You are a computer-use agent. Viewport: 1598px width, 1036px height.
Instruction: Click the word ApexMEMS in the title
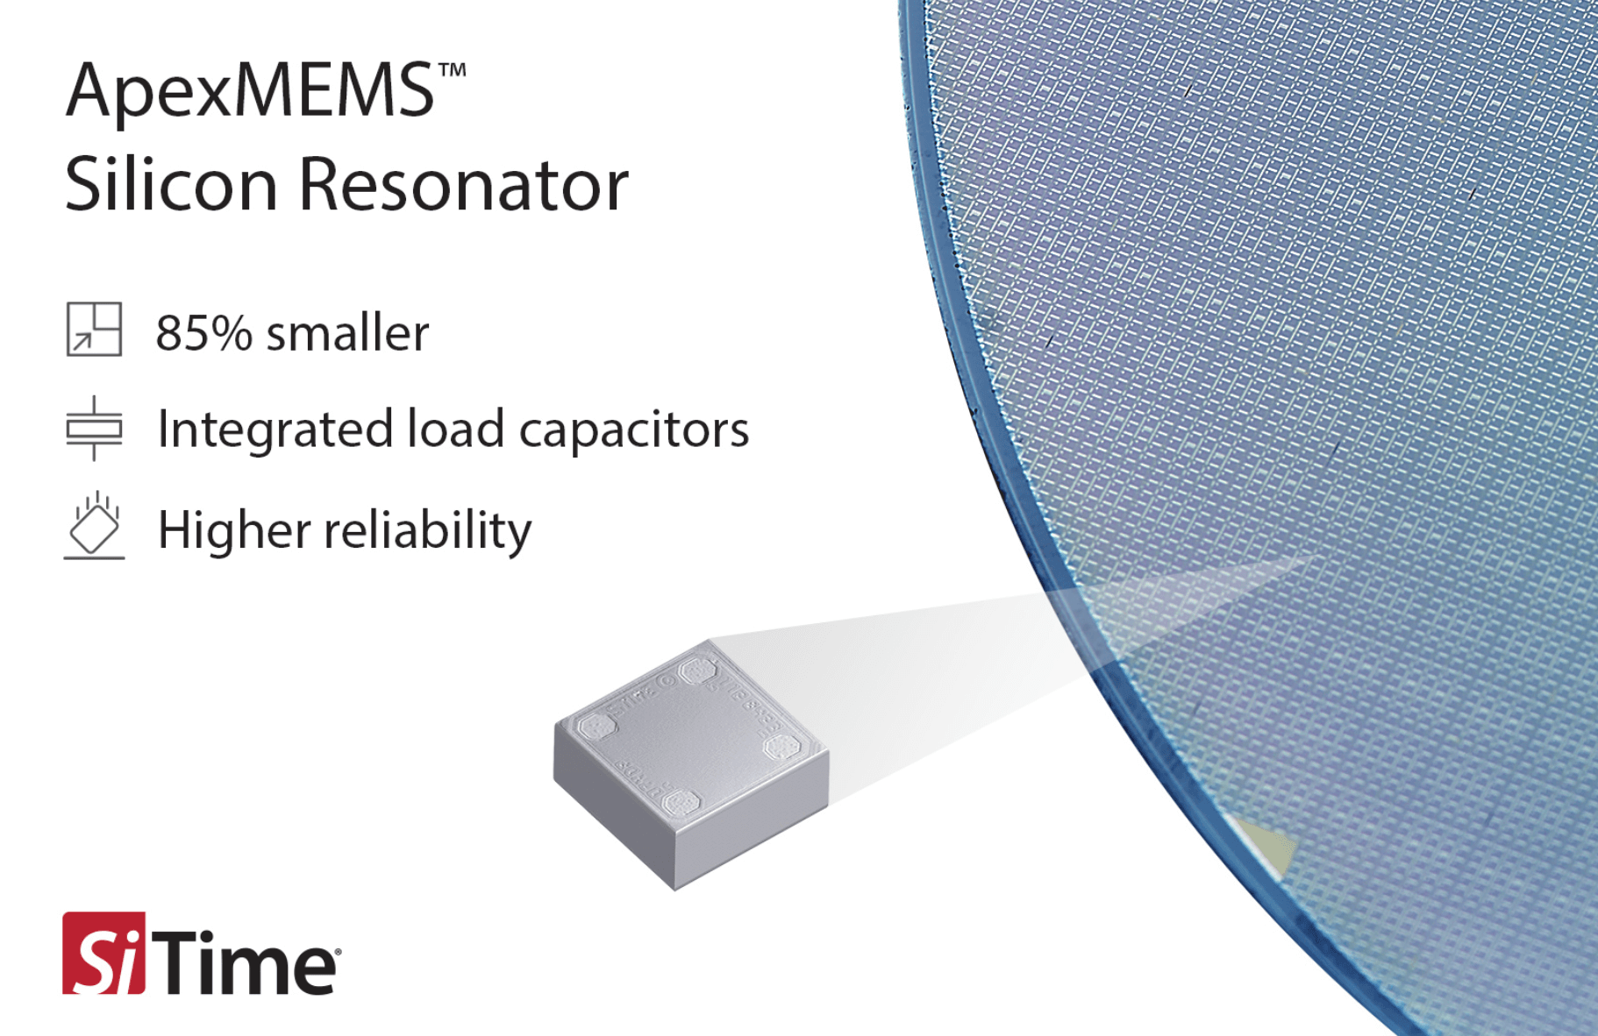click(250, 92)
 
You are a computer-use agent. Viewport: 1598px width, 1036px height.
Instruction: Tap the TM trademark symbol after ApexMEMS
click(453, 70)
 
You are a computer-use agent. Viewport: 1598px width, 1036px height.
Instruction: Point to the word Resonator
click(464, 185)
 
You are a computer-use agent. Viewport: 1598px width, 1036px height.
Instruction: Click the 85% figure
click(203, 333)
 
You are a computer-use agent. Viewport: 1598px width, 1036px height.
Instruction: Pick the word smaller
click(347, 333)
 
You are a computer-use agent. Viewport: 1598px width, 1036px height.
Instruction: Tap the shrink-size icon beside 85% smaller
click(94, 329)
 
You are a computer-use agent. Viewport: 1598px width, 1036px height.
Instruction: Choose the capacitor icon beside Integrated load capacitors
click(94, 428)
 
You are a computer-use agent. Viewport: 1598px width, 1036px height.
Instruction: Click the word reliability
click(428, 530)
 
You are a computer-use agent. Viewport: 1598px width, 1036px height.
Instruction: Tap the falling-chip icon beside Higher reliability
click(94, 525)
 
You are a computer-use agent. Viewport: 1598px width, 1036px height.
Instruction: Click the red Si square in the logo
click(103, 954)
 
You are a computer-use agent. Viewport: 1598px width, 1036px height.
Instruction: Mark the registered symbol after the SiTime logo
click(338, 950)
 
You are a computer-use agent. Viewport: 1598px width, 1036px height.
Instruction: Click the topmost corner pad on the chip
click(698, 672)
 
